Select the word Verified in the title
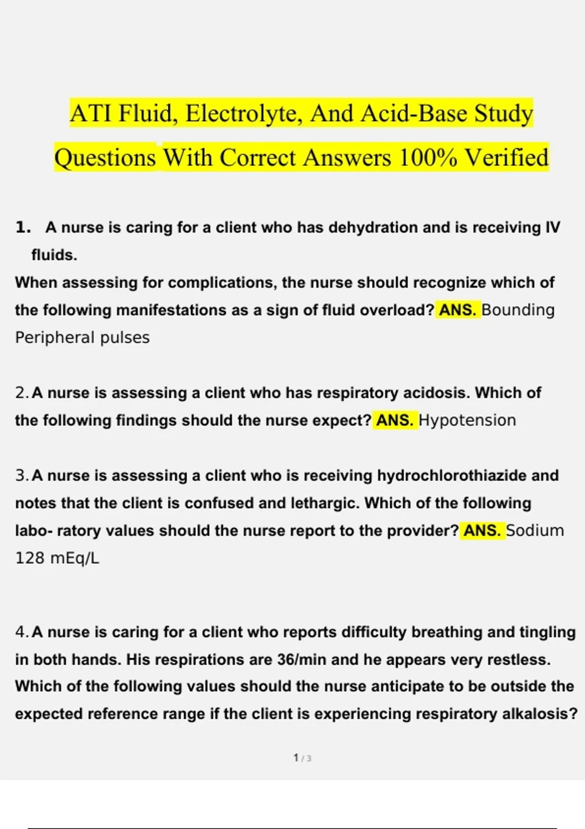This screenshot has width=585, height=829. tap(507, 158)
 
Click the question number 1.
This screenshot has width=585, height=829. tap(23, 228)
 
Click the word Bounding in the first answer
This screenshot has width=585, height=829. tap(518, 310)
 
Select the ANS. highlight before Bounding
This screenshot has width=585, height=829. tap(457, 310)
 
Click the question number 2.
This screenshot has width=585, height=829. tap(22, 393)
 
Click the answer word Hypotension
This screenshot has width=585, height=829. tap(467, 420)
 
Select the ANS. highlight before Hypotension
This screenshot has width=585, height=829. tap(395, 420)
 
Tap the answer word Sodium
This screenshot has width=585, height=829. tap(535, 531)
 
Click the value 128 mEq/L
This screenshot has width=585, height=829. tap(57, 558)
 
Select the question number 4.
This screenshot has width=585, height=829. tap(22, 632)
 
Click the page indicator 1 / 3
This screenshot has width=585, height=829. tap(302, 758)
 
